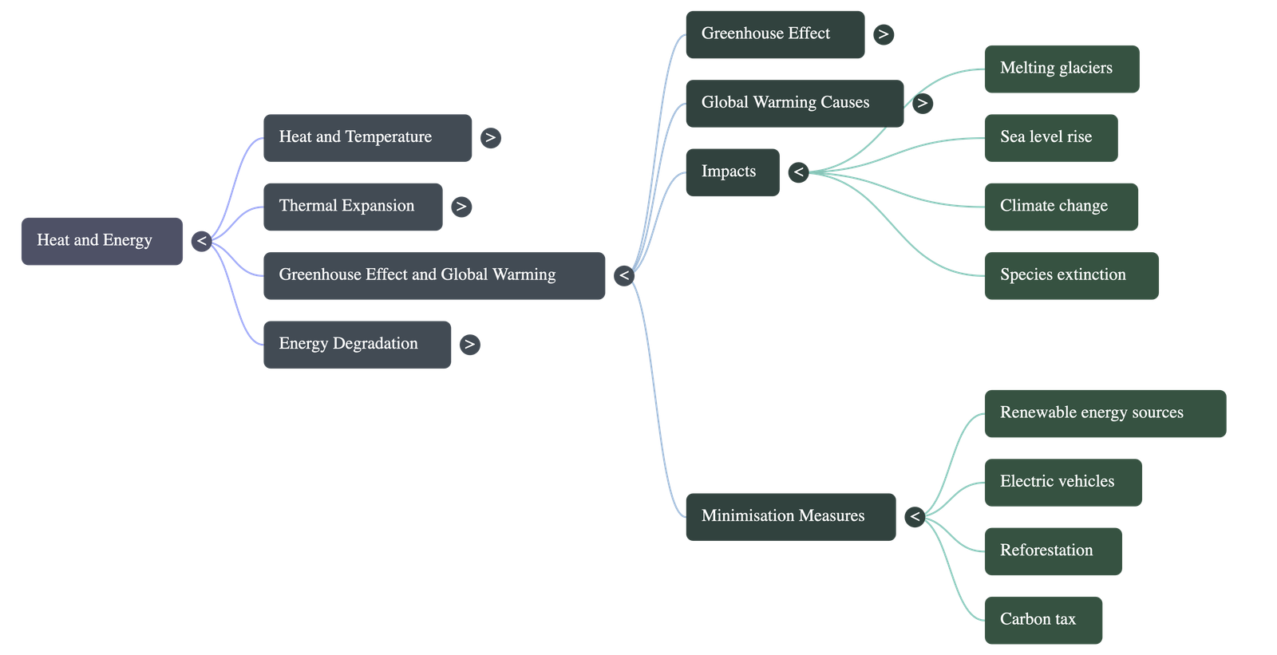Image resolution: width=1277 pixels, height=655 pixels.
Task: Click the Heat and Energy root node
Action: (101, 241)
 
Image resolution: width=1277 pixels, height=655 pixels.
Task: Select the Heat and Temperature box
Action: (367, 137)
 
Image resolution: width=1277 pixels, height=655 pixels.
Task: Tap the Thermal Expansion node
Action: (352, 207)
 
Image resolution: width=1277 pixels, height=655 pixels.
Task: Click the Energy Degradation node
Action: (357, 344)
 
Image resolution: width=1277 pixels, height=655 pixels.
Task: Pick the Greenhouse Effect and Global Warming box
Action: (433, 275)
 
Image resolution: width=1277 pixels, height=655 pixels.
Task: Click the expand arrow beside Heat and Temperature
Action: (490, 137)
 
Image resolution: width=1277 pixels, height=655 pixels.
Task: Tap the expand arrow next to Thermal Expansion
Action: (461, 207)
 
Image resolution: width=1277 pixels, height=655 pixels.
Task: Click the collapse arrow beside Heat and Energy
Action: (201, 241)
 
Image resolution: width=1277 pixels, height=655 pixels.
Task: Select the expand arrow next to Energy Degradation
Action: (469, 344)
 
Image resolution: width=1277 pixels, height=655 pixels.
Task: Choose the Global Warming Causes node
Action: (794, 103)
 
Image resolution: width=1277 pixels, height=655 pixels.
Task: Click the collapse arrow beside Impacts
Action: (798, 172)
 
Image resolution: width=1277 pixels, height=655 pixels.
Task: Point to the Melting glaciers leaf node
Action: (1061, 69)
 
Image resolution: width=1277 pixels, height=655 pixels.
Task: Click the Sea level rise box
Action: (1050, 137)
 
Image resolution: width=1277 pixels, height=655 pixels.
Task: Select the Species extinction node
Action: (1070, 275)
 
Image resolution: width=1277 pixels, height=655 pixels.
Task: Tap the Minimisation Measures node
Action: (790, 516)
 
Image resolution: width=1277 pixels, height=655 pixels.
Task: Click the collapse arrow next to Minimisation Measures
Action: (915, 516)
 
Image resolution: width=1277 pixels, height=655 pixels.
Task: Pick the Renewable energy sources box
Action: (1105, 413)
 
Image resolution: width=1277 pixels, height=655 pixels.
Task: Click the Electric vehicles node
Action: (1062, 482)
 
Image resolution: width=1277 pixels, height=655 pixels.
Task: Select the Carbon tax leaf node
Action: (1042, 620)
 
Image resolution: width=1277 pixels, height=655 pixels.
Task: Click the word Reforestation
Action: (1046, 550)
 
